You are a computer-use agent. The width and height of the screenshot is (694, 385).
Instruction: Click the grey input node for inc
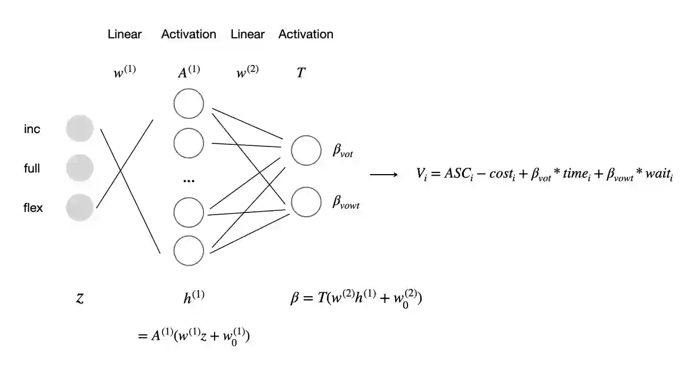[80, 128]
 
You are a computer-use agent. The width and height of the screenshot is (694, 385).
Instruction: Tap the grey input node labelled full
[80, 168]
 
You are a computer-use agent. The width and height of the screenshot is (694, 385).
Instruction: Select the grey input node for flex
[80, 208]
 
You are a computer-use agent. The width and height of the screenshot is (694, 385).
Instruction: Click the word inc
[32, 129]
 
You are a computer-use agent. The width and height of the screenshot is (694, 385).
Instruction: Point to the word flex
[33, 208]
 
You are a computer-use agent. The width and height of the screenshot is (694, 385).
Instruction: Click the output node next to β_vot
[306, 150]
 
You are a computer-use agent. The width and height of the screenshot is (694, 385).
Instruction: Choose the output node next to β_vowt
[306, 202]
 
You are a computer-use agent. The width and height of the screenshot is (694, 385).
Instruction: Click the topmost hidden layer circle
[189, 104]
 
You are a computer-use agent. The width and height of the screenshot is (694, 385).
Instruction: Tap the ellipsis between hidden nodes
[189, 181]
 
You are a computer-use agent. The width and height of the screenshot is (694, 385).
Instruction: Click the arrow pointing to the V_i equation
[383, 175]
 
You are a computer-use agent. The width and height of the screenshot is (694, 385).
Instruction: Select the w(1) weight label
[125, 72]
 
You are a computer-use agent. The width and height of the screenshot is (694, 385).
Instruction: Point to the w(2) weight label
[247, 72]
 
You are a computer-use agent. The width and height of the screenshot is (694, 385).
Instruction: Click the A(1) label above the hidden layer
[189, 72]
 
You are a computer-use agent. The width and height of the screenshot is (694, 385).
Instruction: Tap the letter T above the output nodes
[301, 73]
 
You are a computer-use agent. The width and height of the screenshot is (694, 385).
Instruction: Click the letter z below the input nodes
[79, 298]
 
